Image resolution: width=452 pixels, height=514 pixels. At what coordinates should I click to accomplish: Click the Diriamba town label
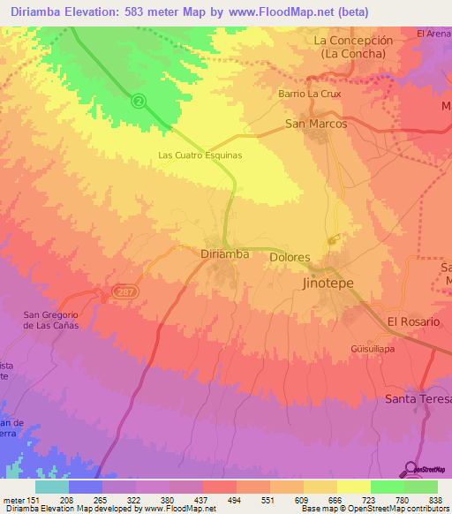coord(224,253)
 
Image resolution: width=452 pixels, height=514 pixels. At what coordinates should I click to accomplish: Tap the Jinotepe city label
coord(334,284)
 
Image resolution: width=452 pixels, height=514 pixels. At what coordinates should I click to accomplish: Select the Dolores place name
coord(290,258)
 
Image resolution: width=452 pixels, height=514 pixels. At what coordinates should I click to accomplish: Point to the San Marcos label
coord(316,125)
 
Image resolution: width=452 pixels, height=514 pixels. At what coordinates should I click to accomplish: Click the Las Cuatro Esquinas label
coord(200,155)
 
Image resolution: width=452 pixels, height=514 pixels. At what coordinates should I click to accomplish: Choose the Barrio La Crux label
coord(307,93)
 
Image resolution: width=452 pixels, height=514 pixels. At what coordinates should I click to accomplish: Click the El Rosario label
coord(413,321)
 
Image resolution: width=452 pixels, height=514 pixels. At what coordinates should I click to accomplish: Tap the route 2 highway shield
coord(139,101)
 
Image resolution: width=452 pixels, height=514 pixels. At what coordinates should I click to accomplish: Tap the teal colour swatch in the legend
coord(52,487)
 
